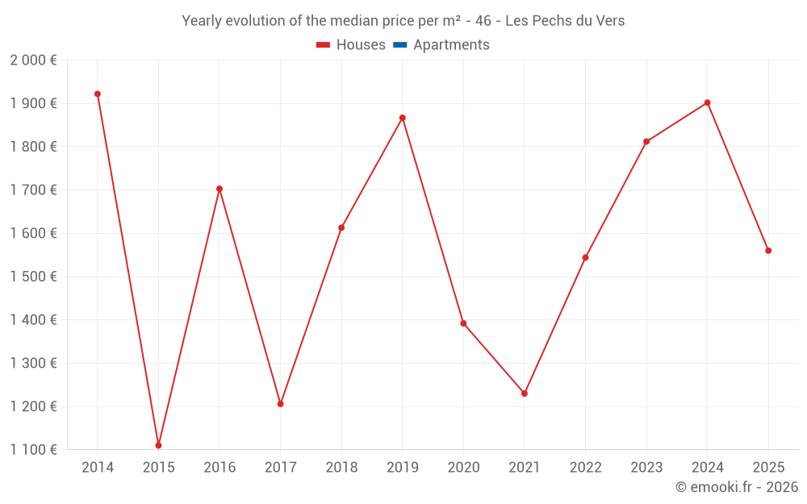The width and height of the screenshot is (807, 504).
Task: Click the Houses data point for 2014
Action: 98,94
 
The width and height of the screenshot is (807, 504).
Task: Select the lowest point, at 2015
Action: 158,445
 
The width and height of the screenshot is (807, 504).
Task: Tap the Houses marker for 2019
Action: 403,118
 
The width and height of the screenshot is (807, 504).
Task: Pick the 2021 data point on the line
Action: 525,394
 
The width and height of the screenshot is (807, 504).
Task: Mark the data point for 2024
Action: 708,102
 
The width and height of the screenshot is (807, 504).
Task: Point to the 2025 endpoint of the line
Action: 768,251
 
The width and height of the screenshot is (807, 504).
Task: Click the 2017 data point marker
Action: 280,404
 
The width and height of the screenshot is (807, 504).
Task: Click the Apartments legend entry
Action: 451,45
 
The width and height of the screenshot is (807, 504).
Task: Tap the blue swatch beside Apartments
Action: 399,45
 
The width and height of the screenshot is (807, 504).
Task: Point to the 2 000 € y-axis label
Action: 33,60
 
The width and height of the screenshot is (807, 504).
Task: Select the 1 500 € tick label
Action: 33,277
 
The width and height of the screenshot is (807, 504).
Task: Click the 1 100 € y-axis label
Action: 33,450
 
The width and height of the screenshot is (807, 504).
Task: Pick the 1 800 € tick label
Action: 33,147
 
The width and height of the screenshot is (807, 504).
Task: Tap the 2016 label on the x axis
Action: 220,468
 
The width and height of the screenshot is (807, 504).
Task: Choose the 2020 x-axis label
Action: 463,468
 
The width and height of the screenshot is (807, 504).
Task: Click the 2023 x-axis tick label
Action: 646,468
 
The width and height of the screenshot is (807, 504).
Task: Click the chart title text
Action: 403,21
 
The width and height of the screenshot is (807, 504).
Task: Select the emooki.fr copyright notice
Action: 737,487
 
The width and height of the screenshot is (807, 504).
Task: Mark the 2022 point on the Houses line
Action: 585,257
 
